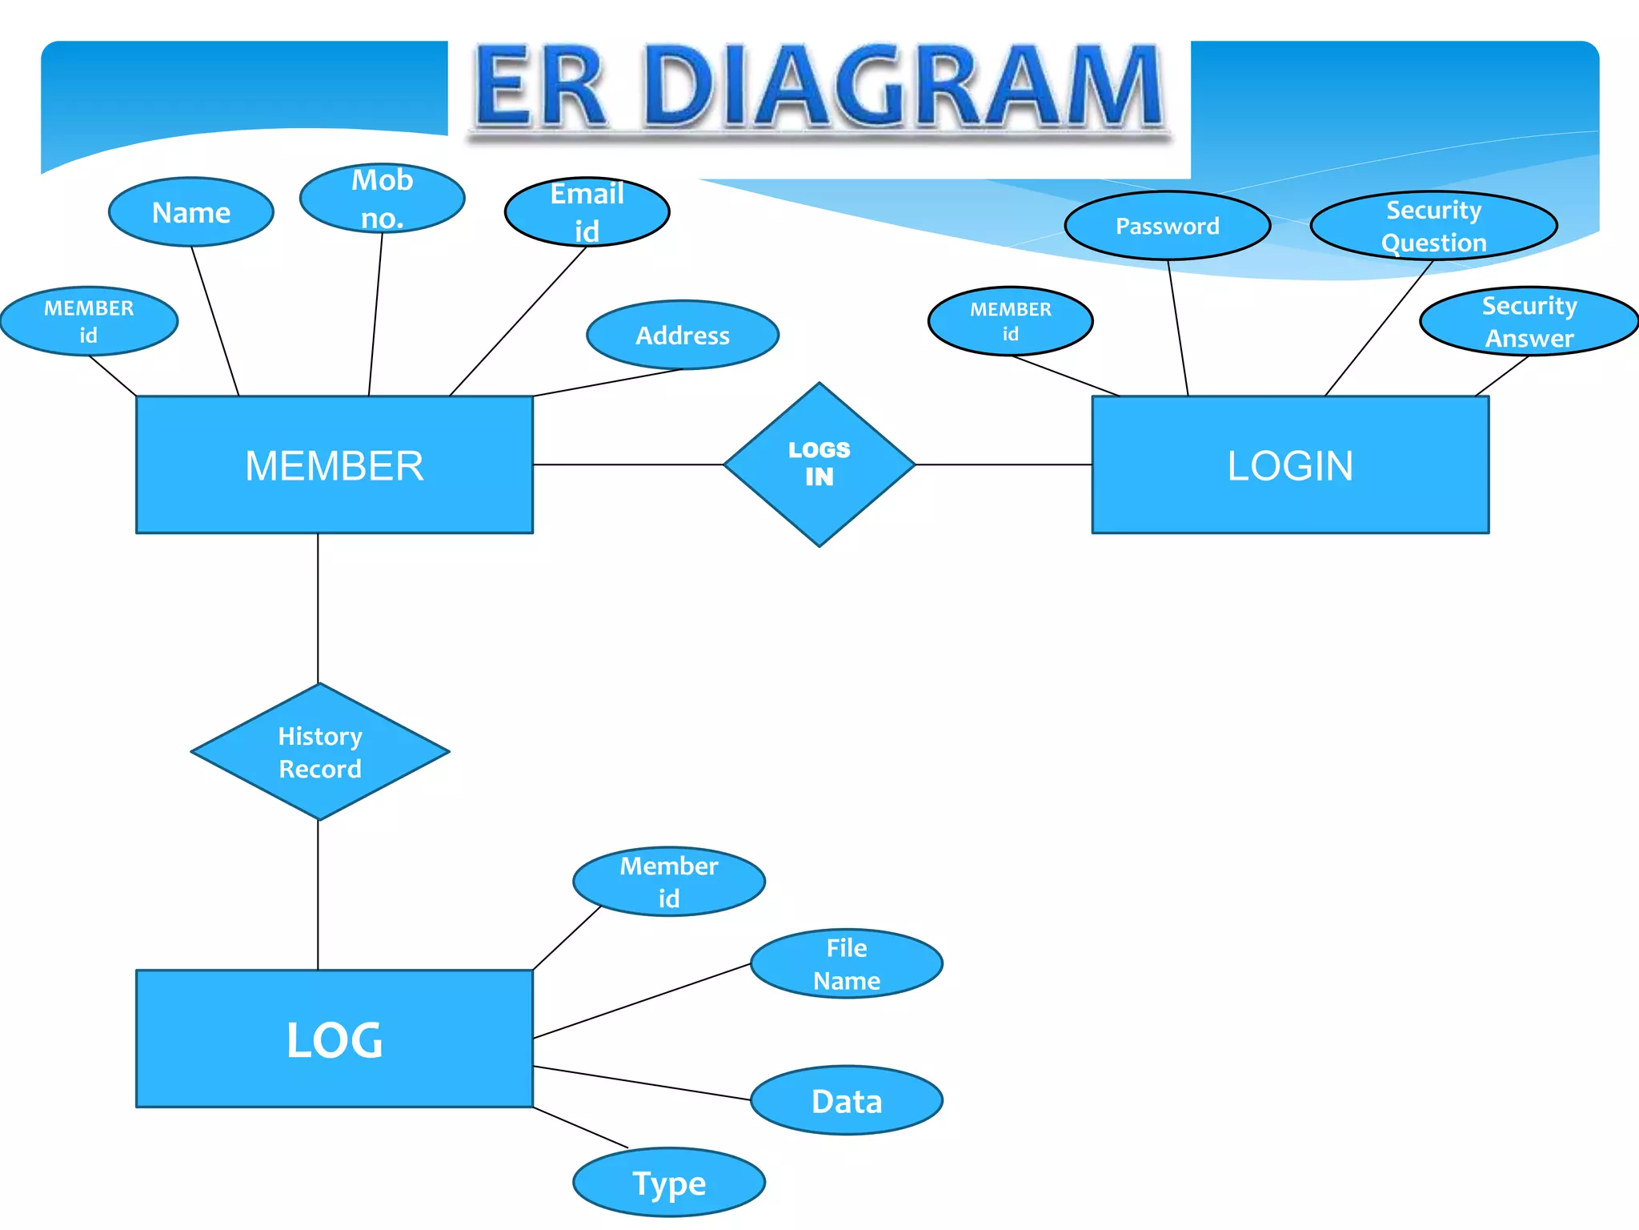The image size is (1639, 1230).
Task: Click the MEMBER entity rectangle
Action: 334,464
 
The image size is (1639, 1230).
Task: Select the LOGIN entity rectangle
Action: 1290,464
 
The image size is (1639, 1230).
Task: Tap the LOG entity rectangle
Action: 334,1039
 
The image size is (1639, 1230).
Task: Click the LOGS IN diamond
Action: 819,464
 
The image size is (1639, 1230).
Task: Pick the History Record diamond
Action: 319,751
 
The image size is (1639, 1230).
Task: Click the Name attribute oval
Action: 191,212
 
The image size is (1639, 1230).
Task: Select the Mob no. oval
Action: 382,198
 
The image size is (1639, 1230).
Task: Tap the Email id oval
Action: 587,211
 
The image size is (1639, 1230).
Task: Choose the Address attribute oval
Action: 682,335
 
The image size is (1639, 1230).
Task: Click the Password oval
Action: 1167,226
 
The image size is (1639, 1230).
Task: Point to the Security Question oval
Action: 1433,226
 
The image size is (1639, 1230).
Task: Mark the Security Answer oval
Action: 1529,321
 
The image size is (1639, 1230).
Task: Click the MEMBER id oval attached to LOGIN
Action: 1010,321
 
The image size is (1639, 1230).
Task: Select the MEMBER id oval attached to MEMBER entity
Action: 89,321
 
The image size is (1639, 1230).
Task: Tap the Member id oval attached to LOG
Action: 668,881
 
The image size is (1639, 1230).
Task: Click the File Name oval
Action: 846,963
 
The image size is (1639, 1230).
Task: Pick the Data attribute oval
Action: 846,1100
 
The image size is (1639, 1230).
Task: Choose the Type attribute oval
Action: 668,1182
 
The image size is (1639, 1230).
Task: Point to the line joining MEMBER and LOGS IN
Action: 628,464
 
